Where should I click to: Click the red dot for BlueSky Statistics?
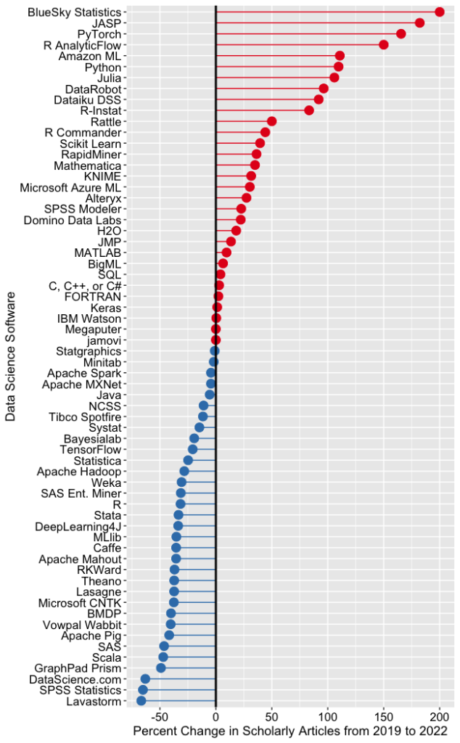tap(439, 12)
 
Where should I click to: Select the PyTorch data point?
tap(401, 34)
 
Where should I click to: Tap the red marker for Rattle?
tap(271, 121)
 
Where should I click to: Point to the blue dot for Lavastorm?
tap(141, 700)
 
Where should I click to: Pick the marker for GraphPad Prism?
tap(160, 668)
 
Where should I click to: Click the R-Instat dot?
tap(309, 110)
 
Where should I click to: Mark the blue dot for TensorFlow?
tap(193, 449)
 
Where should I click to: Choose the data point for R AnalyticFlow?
tap(384, 45)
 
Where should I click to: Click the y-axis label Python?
tap(102, 67)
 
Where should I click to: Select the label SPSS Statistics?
tap(81, 689)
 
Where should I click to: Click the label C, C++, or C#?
tap(85, 285)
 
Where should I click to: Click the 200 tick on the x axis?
tap(439, 716)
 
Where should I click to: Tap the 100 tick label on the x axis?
tap(327, 716)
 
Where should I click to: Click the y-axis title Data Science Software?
tap(11, 356)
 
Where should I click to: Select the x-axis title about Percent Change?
tap(290, 731)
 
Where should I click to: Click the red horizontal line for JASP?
tap(319, 23)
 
